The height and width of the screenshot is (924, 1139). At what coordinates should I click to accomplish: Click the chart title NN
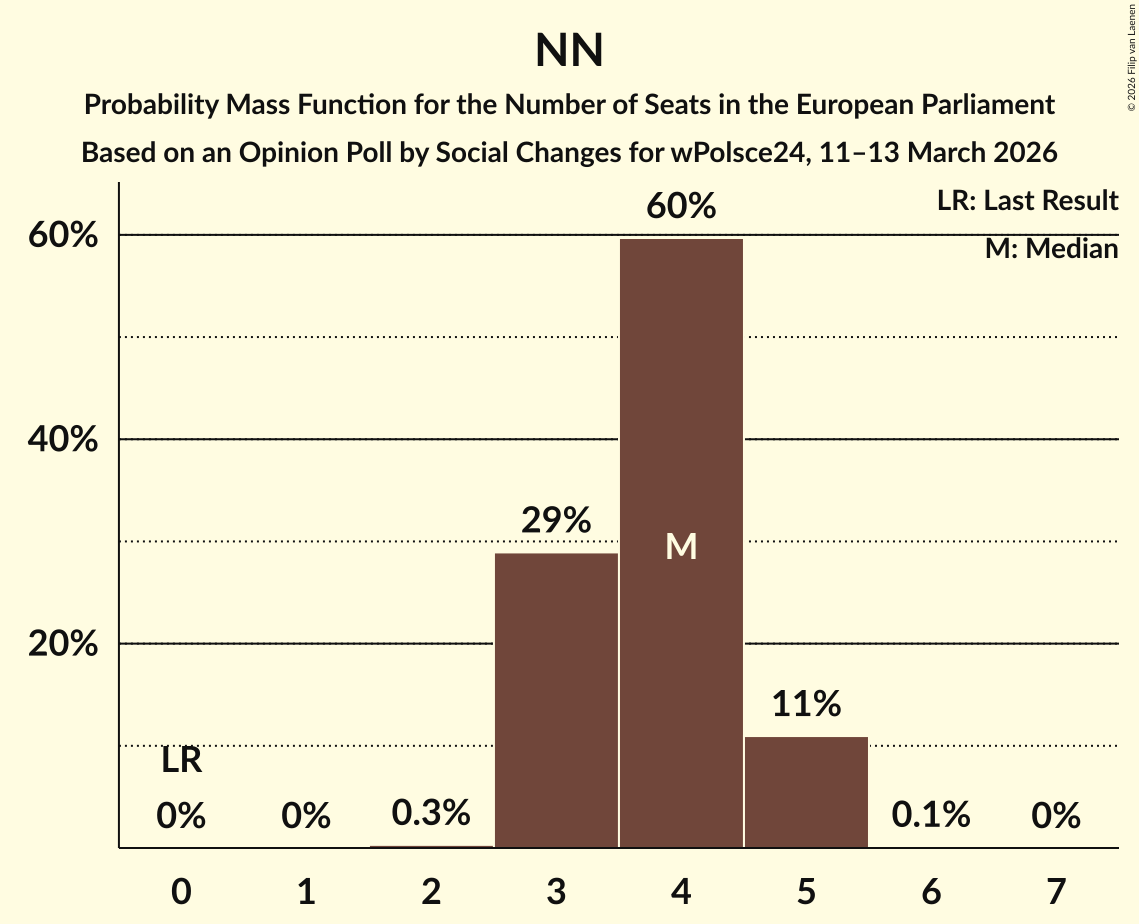click(569, 50)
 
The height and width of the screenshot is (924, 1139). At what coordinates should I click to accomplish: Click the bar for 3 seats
click(556, 700)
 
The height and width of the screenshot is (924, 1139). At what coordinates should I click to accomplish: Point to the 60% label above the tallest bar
click(681, 207)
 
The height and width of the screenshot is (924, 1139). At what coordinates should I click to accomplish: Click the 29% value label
click(556, 521)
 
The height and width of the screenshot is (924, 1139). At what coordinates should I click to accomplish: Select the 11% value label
click(806, 704)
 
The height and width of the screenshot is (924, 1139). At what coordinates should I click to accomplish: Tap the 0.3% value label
click(431, 813)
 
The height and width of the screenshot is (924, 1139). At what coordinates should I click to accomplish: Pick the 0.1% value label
click(931, 815)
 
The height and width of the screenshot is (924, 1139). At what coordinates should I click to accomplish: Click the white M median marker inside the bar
click(681, 546)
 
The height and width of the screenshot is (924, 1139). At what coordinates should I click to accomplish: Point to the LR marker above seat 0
click(181, 762)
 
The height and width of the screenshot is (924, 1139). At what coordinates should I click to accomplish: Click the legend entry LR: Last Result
click(1027, 201)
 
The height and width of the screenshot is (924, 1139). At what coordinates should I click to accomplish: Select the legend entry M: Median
click(1051, 248)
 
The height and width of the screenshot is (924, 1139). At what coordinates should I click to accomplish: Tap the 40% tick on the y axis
click(63, 440)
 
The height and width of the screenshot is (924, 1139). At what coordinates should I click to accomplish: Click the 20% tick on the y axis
click(63, 645)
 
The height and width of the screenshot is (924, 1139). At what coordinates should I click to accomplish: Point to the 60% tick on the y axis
click(63, 236)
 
